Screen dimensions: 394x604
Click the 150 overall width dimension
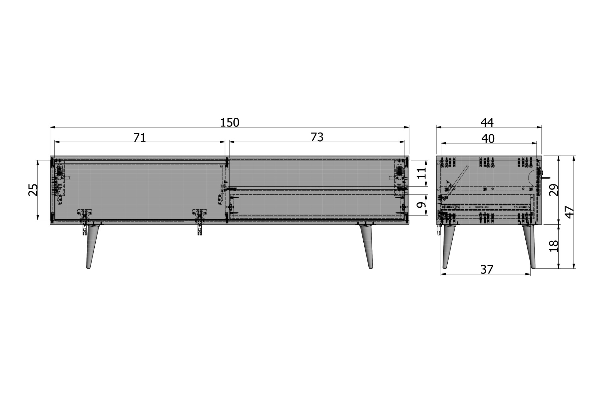pos(230,122)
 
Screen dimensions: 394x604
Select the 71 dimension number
pos(140,138)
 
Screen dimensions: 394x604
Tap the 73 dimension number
pos(317,137)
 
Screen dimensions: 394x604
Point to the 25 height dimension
pos(33,190)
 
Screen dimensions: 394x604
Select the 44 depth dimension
pos(487,123)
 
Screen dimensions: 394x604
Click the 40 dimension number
pos(488,139)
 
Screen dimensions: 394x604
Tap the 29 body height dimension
pos(553,190)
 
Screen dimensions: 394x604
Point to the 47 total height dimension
pos(569,212)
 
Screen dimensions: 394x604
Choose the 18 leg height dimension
pos(553,246)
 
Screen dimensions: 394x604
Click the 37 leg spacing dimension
pos(487,269)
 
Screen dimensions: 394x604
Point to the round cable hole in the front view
pos(399,170)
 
